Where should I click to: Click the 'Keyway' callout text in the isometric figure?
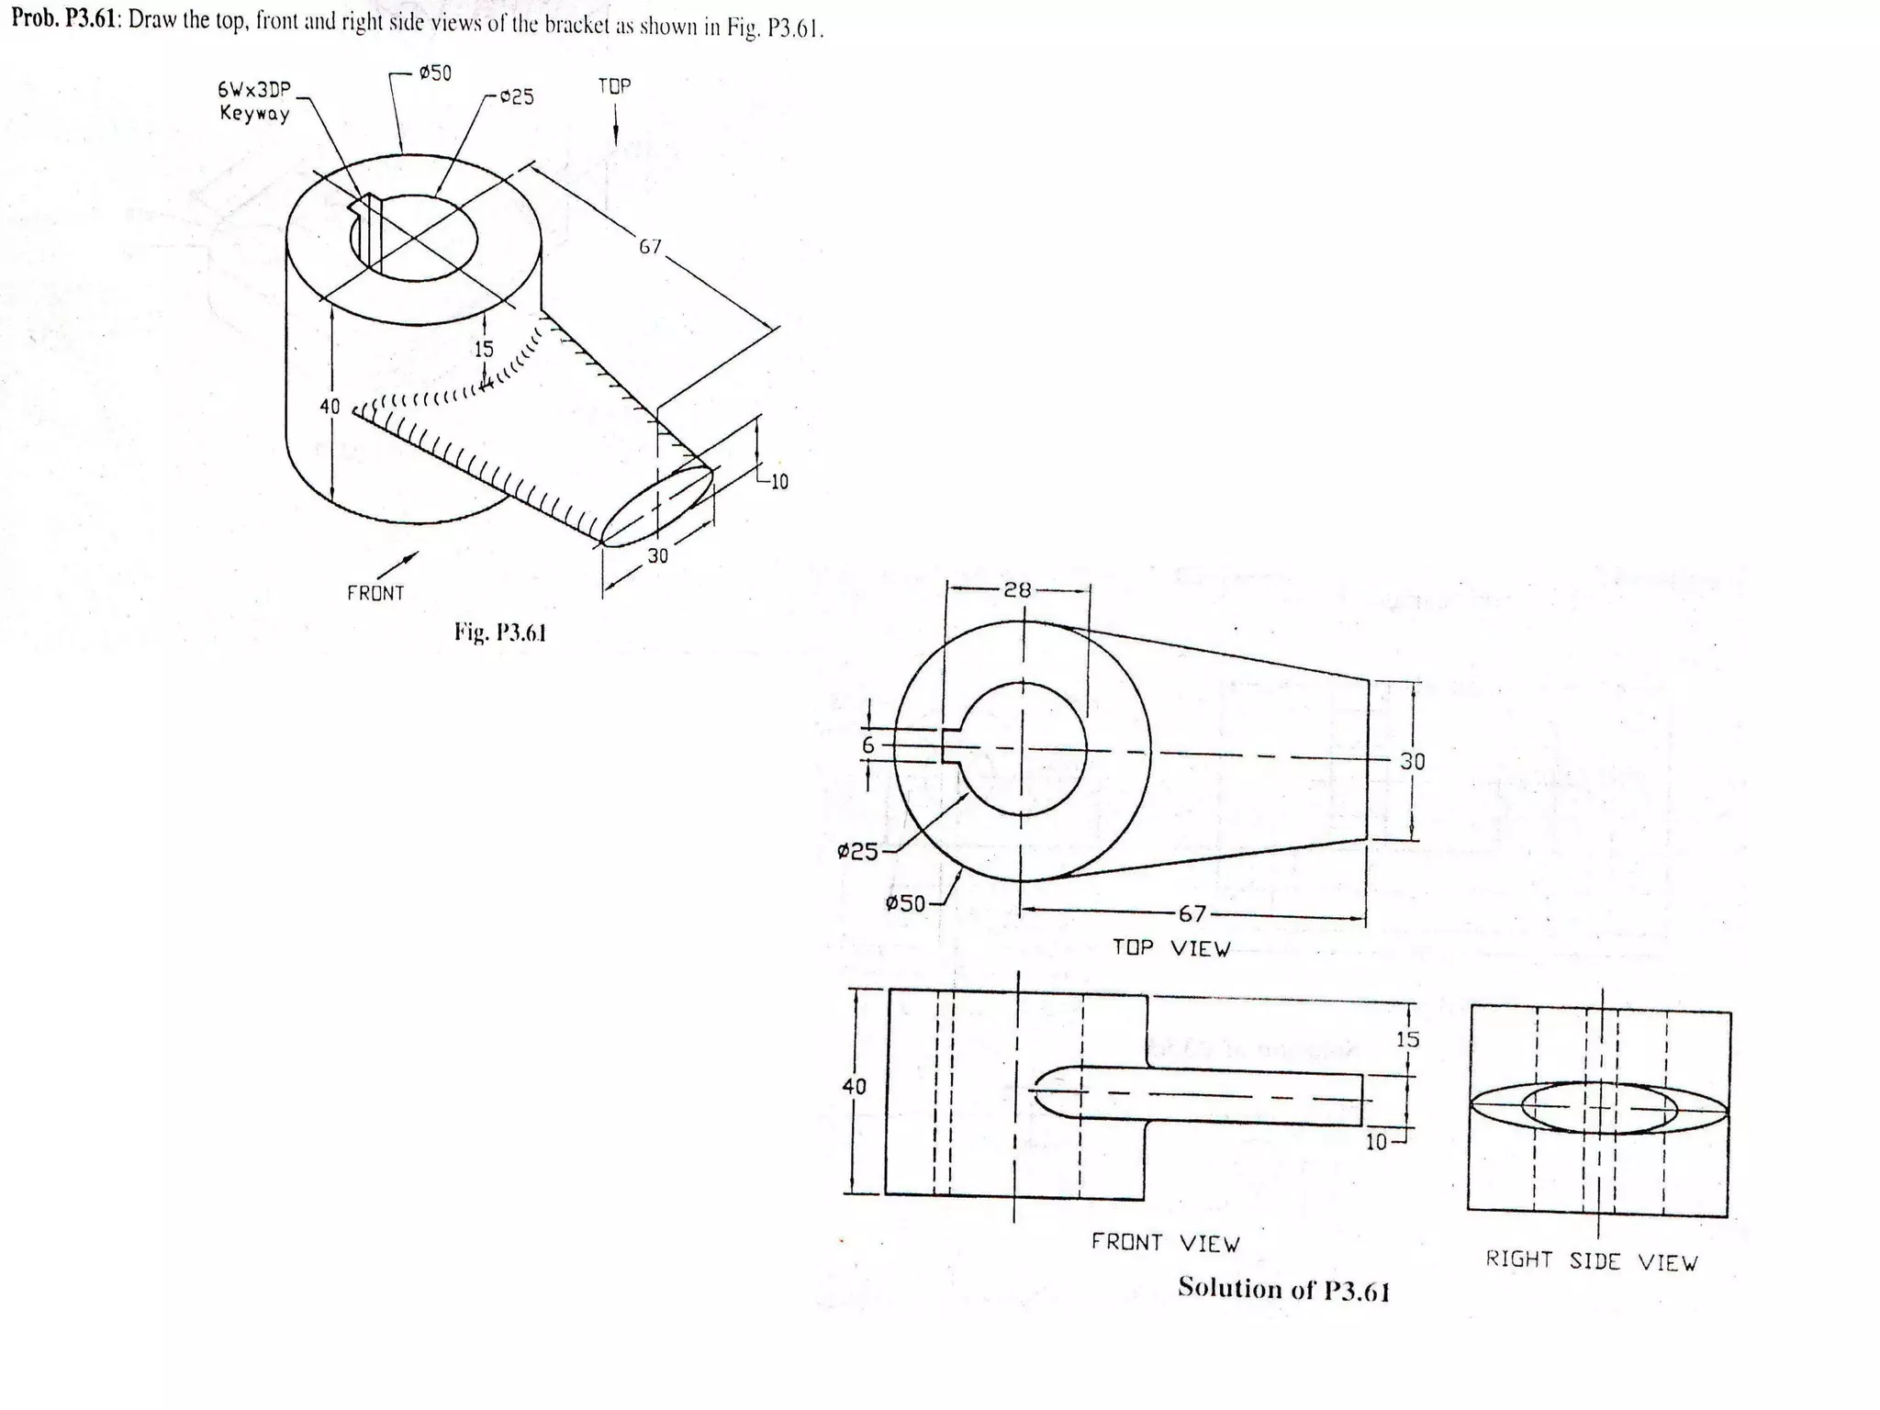tap(254, 114)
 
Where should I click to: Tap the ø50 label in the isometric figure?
tap(435, 73)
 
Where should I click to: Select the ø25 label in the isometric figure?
tap(517, 97)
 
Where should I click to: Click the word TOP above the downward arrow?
tap(614, 86)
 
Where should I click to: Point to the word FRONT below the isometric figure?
tap(375, 594)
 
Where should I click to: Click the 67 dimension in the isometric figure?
tap(650, 247)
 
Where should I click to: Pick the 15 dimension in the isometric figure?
tap(484, 350)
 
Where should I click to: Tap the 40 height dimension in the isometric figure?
tap(330, 407)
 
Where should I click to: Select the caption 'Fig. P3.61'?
tap(500, 632)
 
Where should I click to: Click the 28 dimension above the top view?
tap(1017, 590)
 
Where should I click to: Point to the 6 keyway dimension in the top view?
tap(868, 745)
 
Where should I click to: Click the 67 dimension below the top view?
tap(1192, 913)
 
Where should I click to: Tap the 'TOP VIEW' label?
tap(1171, 948)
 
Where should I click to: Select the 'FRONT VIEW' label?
tap(1165, 1243)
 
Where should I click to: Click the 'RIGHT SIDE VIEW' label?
tap(1592, 1261)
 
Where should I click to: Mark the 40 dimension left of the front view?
tap(854, 1087)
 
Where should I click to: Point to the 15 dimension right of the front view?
tap(1407, 1039)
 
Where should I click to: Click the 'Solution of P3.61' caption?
tap(1283, 1289)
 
